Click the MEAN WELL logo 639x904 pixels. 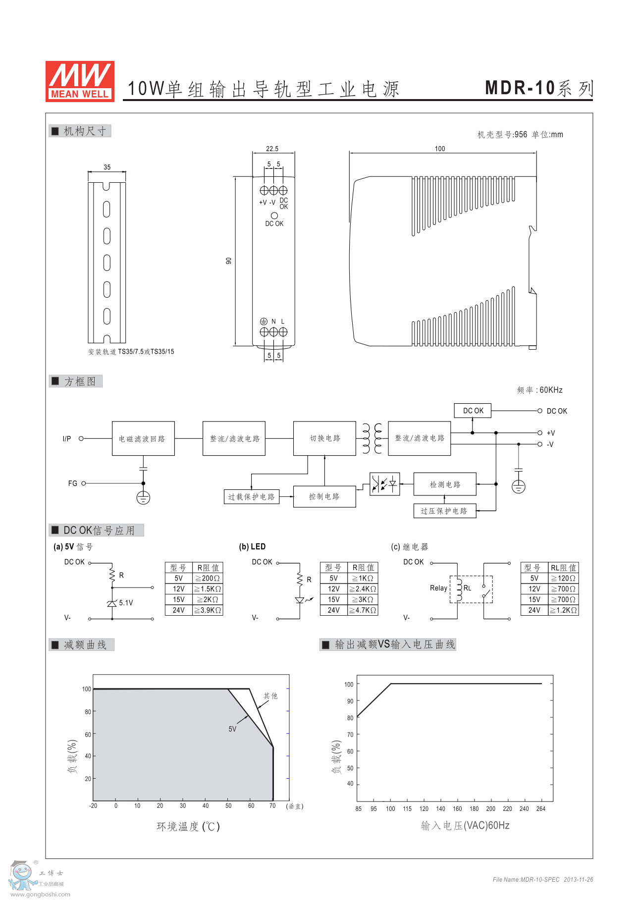point(80,81)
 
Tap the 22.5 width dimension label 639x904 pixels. point(272,149)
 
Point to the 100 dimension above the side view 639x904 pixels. point(440,149)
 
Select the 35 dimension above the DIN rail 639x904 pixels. point(107,167)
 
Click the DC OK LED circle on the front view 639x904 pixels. point(274,215)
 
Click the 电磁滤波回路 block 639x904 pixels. point(143,438)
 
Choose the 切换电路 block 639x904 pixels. point(324,438)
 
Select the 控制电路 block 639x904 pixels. point(324,496)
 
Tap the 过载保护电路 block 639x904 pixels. point(251,497)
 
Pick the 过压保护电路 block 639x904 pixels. point(444,511)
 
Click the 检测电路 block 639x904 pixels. point(445,484)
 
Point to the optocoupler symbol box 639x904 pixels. point(385,484)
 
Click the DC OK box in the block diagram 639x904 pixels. point(473,411)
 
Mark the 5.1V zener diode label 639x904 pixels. point(126,603)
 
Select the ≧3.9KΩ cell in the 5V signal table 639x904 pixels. point(208,610)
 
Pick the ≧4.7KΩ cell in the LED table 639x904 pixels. point(363,610)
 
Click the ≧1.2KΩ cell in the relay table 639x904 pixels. point(564,610)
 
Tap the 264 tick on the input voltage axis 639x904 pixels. point(541,808)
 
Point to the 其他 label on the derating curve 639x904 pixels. point(270,696)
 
